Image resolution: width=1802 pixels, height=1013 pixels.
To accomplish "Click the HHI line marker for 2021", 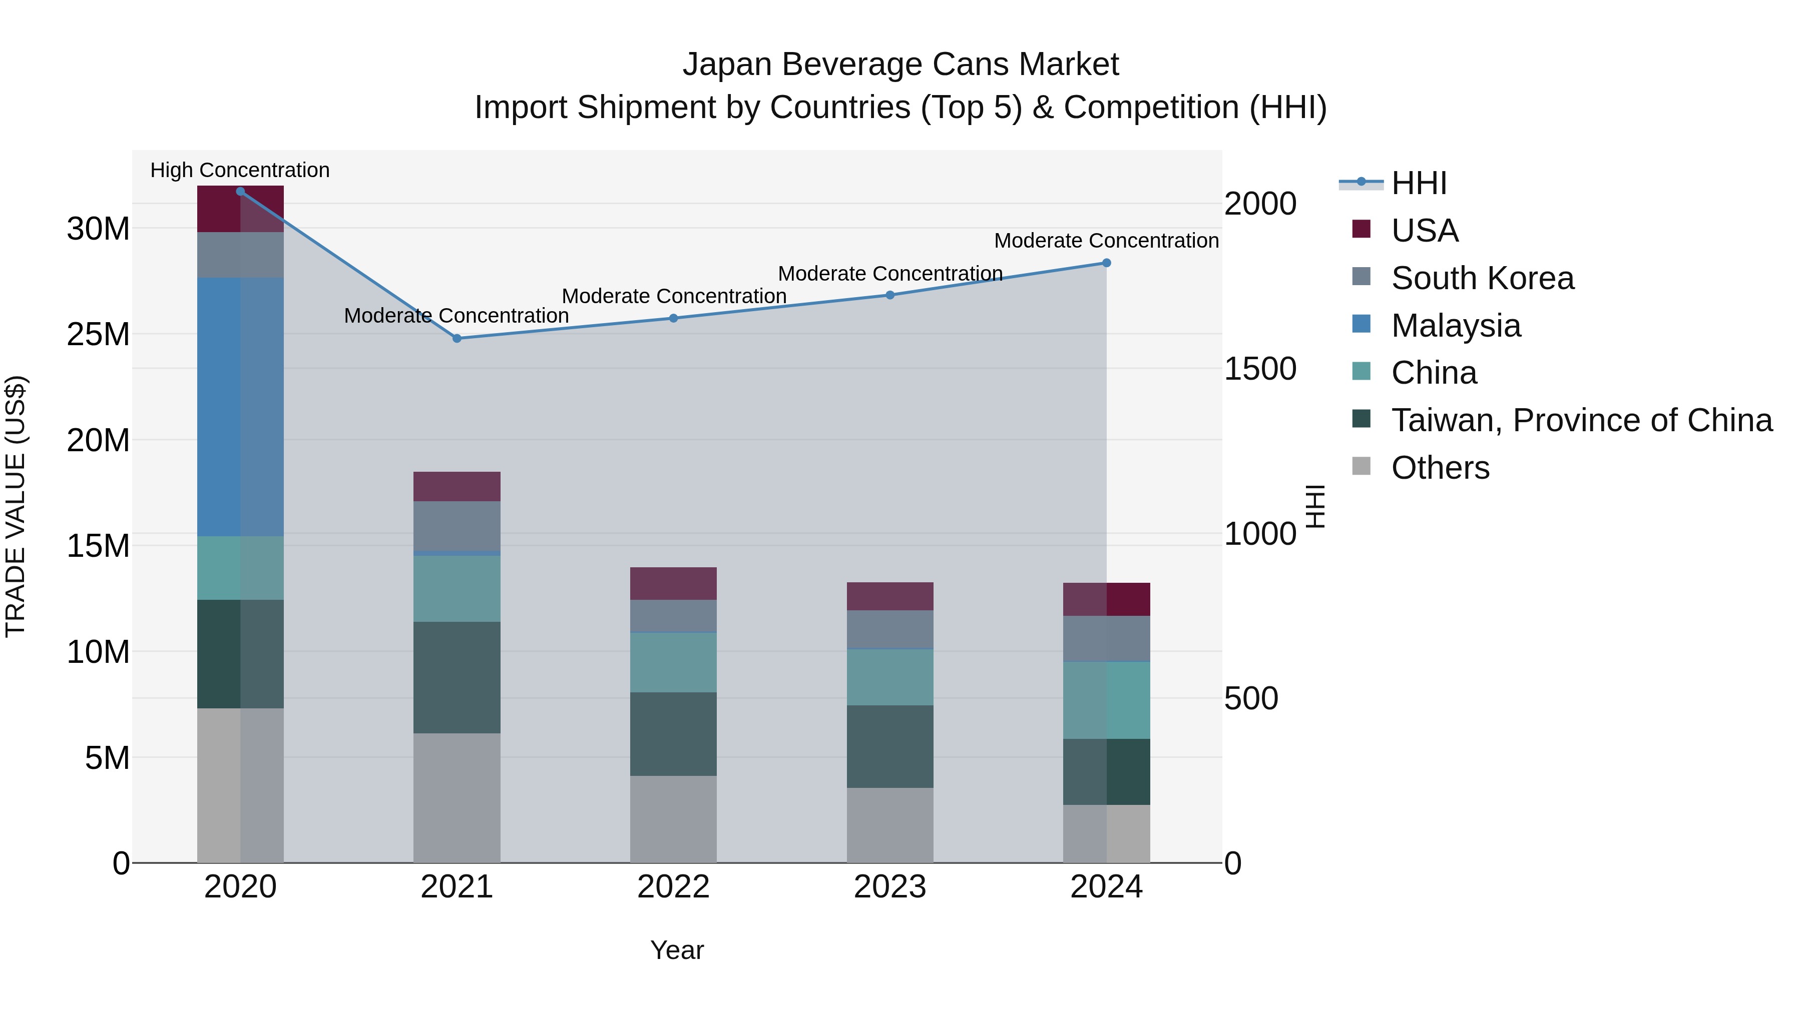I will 457,338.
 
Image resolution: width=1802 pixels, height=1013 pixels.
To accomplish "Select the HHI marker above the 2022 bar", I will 674,318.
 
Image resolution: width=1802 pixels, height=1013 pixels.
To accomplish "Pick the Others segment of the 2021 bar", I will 457,798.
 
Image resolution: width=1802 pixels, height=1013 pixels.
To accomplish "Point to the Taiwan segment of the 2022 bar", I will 674,734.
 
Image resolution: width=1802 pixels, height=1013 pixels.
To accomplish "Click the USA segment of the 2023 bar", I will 890,596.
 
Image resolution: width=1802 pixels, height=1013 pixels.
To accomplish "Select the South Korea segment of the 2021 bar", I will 457,526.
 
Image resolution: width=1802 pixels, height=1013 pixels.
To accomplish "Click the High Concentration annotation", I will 240,170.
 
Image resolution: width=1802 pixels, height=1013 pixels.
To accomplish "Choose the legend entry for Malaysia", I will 1455,326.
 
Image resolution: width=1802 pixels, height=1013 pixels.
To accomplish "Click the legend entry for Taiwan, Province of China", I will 1581,420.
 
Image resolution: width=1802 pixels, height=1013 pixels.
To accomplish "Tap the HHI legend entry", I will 1418,183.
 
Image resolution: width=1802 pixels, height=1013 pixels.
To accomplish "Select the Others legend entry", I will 1440,468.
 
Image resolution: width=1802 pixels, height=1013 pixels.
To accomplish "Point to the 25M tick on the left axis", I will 98,334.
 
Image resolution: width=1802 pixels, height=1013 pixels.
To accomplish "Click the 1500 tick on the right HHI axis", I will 1260,369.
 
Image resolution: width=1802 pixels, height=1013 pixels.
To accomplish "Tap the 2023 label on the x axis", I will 890,887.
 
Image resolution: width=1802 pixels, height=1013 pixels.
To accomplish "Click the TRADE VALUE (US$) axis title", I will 16,506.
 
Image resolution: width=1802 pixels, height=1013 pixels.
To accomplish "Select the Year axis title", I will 676,950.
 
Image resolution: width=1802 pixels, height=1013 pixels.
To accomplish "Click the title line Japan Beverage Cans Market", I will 900,65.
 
